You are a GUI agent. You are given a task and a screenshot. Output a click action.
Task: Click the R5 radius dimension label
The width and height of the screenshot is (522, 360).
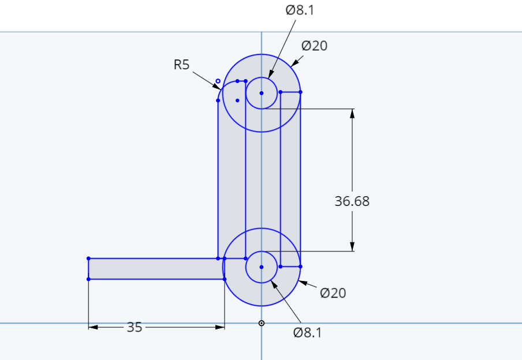181,65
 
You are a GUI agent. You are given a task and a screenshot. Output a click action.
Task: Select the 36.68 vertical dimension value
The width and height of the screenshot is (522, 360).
352,201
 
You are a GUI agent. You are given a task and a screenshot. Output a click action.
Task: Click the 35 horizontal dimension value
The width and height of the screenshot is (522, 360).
135,327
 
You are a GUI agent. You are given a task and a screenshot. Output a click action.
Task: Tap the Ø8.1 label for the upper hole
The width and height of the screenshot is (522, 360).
300,10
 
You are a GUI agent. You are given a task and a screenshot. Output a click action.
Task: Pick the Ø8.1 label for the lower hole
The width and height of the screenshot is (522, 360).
308,333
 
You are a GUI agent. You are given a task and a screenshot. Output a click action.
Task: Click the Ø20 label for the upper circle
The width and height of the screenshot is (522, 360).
314,46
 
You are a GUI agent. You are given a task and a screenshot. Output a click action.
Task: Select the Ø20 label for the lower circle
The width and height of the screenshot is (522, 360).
333,293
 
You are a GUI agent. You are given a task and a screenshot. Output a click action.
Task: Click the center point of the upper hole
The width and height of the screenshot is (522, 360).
262,93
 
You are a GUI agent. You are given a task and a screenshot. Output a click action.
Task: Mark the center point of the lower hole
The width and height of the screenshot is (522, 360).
262,267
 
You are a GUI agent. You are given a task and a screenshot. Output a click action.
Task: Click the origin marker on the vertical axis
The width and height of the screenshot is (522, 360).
262,323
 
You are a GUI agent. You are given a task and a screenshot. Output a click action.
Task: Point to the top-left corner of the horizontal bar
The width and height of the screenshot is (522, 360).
88,258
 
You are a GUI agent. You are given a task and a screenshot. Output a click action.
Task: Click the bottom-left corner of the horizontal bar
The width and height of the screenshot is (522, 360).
88,279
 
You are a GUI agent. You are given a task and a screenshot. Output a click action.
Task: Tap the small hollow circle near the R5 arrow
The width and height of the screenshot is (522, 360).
218,81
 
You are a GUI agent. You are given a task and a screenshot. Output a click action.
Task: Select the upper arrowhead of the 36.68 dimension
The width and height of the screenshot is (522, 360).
352,113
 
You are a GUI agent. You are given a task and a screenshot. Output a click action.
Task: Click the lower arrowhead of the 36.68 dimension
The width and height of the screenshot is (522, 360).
352,247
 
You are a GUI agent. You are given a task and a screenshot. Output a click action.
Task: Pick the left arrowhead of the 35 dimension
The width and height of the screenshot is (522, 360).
93,327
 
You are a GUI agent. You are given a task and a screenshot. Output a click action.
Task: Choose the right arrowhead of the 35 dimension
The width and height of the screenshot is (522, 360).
220,327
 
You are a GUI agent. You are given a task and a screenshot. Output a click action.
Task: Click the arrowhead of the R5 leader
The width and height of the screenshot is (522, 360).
217,87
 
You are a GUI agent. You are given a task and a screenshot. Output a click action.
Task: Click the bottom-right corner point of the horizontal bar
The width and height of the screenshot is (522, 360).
225,279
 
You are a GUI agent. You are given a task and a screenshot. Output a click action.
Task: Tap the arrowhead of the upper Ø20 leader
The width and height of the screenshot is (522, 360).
294,63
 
